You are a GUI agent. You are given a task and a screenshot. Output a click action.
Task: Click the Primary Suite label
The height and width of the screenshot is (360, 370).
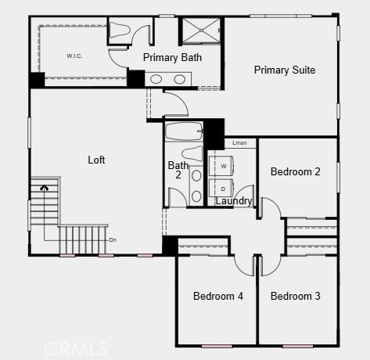point(284,70)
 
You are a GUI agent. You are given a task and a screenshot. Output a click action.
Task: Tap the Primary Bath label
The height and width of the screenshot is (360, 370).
point(172,57)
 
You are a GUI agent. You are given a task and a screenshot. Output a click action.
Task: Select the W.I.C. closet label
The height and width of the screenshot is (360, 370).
point(75,56)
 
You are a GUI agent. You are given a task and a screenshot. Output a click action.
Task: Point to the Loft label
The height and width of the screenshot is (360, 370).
point(96,160)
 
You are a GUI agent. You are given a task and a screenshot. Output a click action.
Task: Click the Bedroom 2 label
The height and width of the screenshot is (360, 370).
point(295,171)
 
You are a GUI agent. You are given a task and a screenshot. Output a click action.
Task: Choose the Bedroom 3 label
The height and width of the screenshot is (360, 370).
point(295,296)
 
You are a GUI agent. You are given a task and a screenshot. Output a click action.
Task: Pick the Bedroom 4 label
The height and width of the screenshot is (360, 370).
point(218,296)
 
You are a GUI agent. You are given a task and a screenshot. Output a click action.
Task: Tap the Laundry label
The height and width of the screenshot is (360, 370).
point(234,201)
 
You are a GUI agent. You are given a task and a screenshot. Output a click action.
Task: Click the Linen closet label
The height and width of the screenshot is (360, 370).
point(239,143)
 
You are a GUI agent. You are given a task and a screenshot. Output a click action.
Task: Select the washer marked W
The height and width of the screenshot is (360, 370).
point(224,167)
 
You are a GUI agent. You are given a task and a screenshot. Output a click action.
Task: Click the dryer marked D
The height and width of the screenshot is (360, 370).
point(224,189)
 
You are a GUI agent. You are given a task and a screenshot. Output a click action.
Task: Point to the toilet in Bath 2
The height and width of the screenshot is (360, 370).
point(192,153)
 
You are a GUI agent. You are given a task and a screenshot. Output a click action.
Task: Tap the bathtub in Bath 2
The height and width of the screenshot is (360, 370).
point(184,131)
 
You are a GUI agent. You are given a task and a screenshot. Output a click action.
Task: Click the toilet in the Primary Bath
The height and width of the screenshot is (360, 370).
point(119,31)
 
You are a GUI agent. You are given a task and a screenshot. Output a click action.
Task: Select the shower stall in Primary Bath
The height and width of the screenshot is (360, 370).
point(202,31)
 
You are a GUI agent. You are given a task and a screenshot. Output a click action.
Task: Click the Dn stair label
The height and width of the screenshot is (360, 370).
point(113,239)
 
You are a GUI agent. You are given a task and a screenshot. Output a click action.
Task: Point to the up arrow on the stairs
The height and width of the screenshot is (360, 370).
point(45,188)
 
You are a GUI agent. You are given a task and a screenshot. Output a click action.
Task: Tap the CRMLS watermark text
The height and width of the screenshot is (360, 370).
point(75,347)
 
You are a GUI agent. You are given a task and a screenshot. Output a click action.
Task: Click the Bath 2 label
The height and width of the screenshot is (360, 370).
point(178,170)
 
